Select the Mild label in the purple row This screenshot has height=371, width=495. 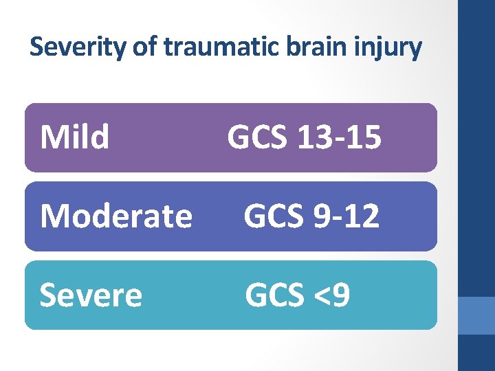pyautogui.click(x=75, y=137)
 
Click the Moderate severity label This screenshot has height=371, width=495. pyautogui.click(x=116, y=216)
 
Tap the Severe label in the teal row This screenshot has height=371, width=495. pyautogui.click(x=91, y=295)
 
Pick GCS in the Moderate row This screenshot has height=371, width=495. pyautogui.click(x=275, y=216)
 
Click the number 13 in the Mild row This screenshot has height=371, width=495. pyautogui.click(x=313, y=137)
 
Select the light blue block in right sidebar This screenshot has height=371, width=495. pyautogui.click(x=476, y=315)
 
